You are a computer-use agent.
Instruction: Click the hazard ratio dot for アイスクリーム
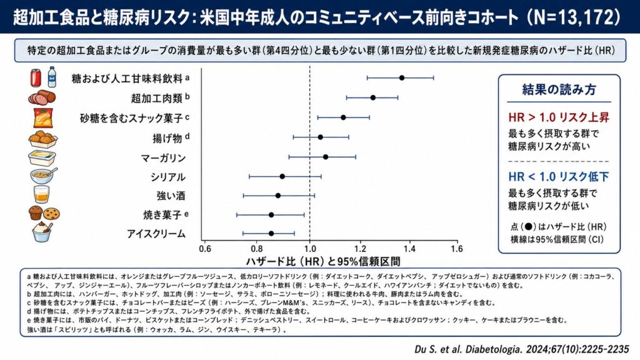271,234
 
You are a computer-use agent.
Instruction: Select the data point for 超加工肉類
373,97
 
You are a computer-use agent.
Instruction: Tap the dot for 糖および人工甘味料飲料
402,78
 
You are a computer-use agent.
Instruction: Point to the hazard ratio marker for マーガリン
326,157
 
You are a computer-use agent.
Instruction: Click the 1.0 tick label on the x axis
310,249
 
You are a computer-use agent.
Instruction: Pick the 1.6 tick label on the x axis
457,249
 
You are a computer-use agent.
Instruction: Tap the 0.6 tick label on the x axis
205,249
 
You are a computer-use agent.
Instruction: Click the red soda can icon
36,77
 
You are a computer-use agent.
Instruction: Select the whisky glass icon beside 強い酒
41,195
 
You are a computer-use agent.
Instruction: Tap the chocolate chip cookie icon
52,214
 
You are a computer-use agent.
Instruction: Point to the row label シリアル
167,177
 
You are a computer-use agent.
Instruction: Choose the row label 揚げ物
167,138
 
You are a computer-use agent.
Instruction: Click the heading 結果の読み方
559,89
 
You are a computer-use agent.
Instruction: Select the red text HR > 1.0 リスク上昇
559,117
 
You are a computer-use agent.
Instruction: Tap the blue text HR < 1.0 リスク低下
559,177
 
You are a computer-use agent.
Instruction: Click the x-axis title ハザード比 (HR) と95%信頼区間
323,261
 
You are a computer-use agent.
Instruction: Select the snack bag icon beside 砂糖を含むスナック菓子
43,118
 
